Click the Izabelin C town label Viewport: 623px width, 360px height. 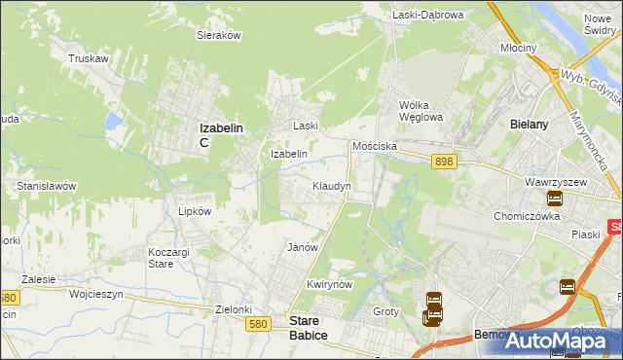220,134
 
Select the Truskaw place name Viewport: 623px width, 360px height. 87,58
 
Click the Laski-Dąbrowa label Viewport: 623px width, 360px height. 428,15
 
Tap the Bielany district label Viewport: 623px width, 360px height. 530,125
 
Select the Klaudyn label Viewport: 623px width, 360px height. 332,185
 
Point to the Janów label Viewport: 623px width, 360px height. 303,247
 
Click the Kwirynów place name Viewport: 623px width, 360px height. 327,284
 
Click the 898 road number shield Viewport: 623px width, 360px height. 444,162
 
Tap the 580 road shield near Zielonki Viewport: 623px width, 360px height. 258,325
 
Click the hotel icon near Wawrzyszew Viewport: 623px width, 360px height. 554,199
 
